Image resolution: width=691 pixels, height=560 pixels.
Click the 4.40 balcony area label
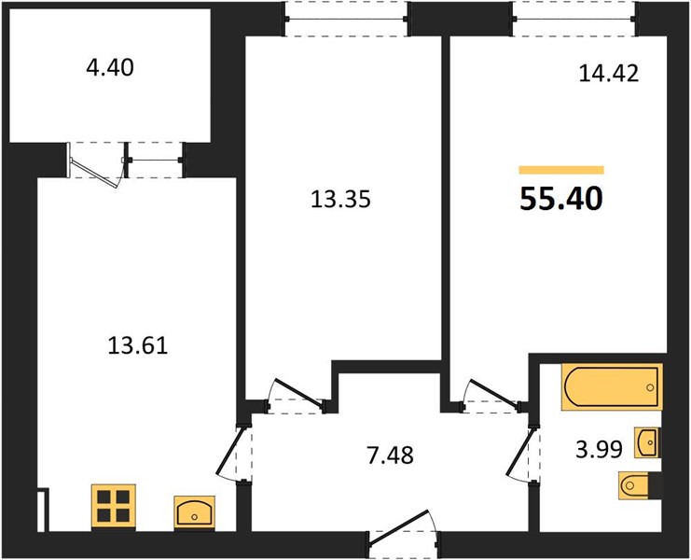110,68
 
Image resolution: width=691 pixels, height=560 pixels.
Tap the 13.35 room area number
340,199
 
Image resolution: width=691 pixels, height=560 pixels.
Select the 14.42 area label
608,73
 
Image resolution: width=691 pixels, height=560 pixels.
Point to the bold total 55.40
561,199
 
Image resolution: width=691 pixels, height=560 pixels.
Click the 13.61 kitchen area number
138,345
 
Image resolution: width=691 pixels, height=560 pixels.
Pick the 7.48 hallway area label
390,455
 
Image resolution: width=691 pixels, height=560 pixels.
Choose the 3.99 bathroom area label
600,450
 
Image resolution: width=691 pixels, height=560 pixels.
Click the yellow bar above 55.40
561,170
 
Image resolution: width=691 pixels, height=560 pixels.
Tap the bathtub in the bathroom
612,387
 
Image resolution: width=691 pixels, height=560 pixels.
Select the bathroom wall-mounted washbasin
647,442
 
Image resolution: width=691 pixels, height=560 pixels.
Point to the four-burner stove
113,506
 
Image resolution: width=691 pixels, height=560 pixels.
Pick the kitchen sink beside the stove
194,512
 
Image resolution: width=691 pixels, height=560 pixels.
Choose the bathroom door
522,455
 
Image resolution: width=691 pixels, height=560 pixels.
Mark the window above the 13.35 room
346,19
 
